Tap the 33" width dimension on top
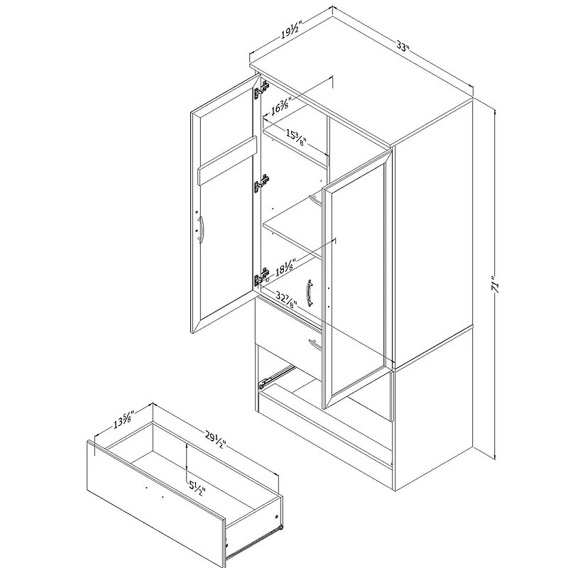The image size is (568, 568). click(x=403, y=48)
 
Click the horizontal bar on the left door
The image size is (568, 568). click(x=227, y=161)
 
